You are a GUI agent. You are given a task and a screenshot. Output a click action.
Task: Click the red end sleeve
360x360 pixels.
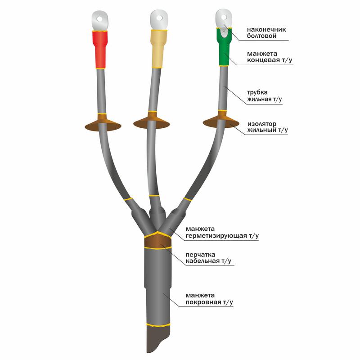(100, 49)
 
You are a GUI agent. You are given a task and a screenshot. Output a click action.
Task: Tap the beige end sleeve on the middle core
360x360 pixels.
(158, 49)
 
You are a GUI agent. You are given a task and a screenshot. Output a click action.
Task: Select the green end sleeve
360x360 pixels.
(224, 47)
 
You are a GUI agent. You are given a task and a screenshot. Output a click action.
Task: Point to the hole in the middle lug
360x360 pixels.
(159, 18)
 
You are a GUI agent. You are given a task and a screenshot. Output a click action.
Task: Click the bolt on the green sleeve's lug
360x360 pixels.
(224, 31)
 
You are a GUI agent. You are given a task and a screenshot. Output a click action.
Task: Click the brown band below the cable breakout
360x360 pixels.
(158, 241)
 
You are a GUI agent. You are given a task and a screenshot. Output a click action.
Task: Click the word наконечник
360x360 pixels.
(266, 30)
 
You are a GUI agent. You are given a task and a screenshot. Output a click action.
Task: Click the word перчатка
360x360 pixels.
(200, 255)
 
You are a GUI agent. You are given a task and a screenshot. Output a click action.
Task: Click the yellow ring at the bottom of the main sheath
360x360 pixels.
(158, 324)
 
